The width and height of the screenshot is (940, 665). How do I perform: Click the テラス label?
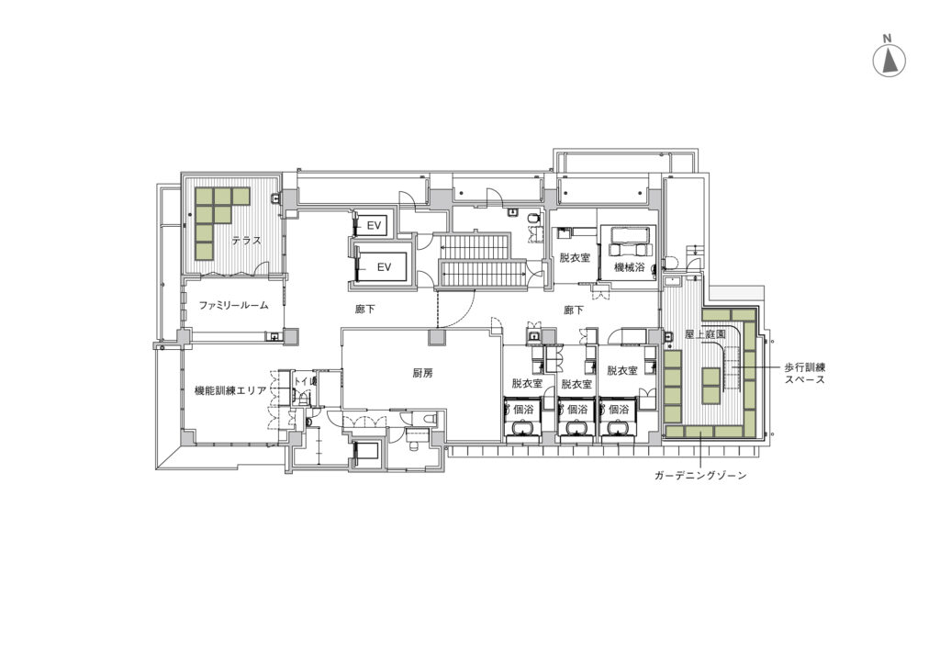(x=246, y=241)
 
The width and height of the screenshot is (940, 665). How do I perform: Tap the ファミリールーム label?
(x=233, y=305)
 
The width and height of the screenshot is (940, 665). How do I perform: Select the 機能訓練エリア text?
(x=230, y=390)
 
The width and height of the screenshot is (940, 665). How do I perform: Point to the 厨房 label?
(x=422, y=373)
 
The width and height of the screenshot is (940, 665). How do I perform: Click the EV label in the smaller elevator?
(x=375, y=225)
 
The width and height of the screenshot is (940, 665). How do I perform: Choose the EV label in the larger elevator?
(x=384, y=267)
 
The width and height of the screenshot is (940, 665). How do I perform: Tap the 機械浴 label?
(x=630, y=267)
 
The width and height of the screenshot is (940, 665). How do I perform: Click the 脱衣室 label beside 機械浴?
(x=575, y=258)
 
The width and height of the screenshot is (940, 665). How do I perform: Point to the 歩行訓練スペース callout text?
(x=805, y=373)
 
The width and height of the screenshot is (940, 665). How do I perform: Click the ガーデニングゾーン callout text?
(x=700, y=476)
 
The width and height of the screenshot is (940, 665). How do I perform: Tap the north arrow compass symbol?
(x=889, y=62)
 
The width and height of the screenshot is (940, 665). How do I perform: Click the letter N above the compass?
(x=888, y=39)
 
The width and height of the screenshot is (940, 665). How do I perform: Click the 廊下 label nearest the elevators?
(x=364, y=310)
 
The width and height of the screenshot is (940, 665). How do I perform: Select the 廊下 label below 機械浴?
(x=574, y=310)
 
